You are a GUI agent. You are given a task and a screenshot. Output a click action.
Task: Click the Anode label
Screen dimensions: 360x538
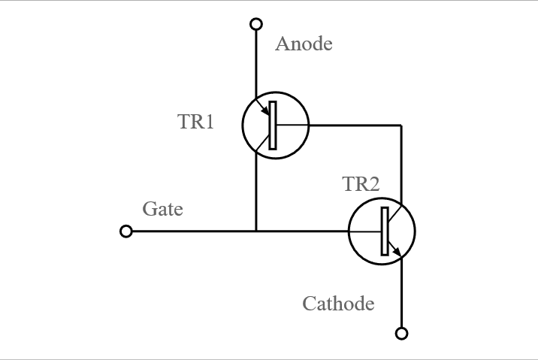(x=304, y=44)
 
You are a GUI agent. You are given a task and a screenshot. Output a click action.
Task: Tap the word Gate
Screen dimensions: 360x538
(x=162, y=208)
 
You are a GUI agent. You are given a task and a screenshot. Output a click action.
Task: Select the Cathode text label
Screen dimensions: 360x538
(x=338, y=304)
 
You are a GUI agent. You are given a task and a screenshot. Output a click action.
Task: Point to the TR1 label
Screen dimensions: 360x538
(x=196, y=121)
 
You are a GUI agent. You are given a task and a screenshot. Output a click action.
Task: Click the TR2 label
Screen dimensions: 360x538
(x=361, y=184)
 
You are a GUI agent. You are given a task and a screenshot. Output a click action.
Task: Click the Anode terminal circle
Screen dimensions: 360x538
(x=256, y=24)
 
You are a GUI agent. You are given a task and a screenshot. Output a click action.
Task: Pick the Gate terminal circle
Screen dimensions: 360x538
(x=126, y=231)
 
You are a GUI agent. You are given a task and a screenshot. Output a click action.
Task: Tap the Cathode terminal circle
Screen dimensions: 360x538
(x=401, y=333)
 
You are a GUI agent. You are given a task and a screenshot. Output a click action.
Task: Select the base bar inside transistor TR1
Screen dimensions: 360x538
(x=273, y=126)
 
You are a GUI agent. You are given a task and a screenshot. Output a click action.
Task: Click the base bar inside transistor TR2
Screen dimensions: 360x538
(x=385, y=231)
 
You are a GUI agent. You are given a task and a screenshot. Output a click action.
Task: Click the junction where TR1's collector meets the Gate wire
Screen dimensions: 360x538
(x=256, y=231)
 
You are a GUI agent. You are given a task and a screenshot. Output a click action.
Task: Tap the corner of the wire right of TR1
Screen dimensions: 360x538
(x=401, y=126)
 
